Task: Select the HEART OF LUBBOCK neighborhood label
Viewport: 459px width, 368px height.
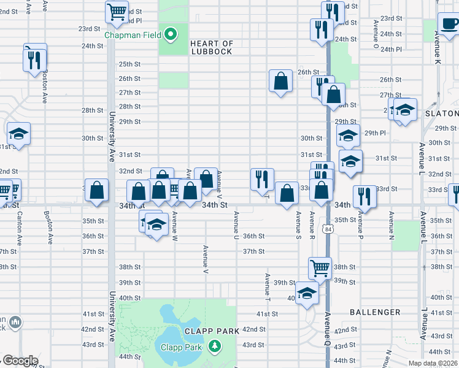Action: click(x=212, y=48)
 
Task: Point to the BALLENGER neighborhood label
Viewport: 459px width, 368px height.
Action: click(x=375, y=312)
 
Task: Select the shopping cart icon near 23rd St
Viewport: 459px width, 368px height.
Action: click(x=117, y=11)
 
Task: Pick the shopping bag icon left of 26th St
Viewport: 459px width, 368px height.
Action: click(x=280, y=81)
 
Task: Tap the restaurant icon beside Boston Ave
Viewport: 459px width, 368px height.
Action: click(x=34, y=59)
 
